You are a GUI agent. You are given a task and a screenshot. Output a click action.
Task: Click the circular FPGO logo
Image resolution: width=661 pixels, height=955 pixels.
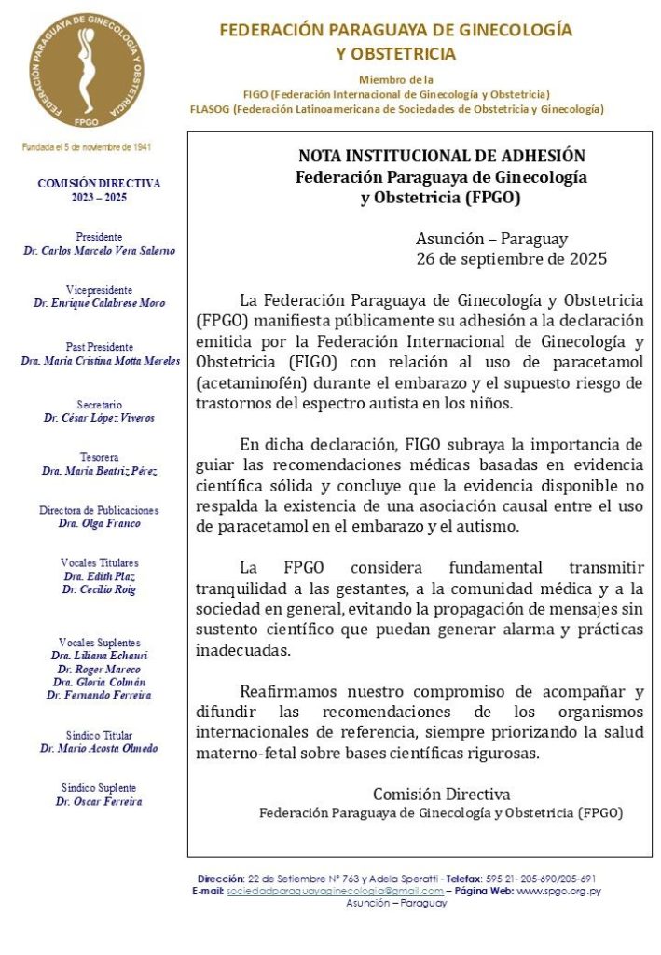click(86, 71)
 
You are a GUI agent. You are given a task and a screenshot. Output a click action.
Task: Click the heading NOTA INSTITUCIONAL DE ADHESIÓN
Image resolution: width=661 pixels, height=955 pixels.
click(441, 156)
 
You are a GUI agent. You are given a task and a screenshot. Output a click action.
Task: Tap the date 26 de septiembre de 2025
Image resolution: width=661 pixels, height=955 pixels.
click(511, 258)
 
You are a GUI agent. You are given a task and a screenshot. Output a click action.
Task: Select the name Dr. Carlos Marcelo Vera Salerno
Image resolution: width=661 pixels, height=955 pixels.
click(100, 251)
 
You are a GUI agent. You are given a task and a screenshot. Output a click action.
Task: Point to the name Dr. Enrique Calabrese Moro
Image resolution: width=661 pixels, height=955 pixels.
click(99, 304)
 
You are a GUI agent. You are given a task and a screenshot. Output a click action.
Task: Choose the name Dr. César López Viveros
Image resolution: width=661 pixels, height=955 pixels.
click(99, 418)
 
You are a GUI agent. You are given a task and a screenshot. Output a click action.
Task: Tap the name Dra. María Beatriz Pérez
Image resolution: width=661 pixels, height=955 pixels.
click(99, 471)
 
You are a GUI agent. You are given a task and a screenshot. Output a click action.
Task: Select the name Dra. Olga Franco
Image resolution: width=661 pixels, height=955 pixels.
click(99, 524)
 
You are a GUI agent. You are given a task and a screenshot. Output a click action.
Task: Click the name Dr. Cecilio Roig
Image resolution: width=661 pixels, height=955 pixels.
click(99, 589)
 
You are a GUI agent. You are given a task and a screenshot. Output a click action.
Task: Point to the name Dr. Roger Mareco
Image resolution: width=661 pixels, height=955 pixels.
click(99, 669)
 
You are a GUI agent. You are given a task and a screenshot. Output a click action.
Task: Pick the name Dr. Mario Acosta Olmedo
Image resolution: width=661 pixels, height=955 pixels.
click(99, 748)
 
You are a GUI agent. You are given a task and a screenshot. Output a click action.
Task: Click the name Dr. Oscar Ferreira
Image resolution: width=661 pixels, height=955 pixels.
click(99, 801)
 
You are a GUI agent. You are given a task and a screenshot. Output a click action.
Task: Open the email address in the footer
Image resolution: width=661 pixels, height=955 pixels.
click(335, 891)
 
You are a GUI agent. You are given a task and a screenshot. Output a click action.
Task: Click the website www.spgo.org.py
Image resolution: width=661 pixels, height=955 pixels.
click(558, 891)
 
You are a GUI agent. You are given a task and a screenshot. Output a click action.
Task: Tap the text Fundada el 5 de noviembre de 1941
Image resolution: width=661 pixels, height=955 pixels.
click(87, 147)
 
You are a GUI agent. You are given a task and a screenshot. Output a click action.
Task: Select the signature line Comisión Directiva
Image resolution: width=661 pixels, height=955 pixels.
click(441, 795)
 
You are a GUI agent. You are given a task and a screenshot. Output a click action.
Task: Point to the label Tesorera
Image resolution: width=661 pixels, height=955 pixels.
click(99, 457)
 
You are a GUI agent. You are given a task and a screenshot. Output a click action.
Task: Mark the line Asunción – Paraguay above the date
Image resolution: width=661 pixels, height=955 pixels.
click(491, 239)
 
